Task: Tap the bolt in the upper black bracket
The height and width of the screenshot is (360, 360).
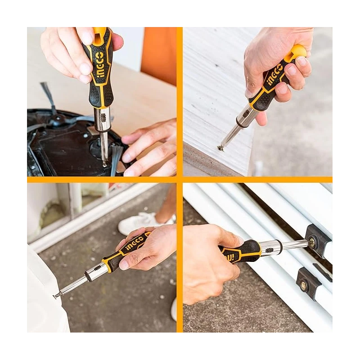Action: pyautogui.click(x=311, y=243)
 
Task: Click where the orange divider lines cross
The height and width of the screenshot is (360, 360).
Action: pyautogui.click(x=180, y=180)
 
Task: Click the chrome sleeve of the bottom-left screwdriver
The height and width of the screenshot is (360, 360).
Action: pyautogui.click(x=96, y=272)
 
